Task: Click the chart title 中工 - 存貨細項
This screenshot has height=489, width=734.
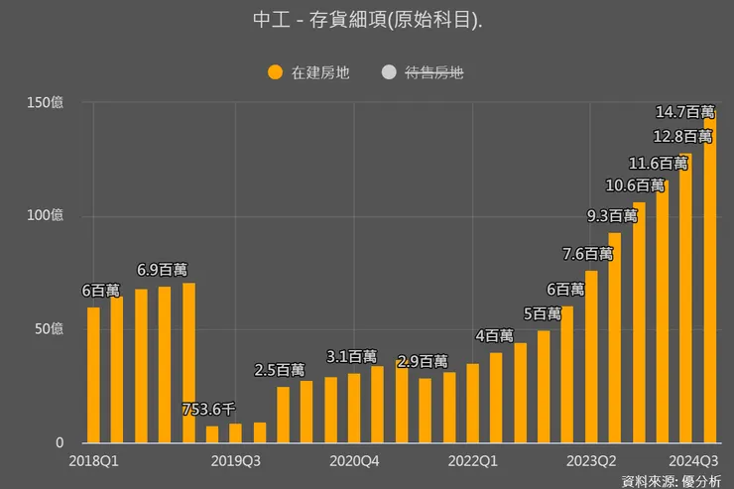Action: tap(367, 21)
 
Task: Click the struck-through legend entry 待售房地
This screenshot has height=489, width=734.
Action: tap(423, 71)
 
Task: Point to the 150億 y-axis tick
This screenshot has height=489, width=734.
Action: tap(47, 102)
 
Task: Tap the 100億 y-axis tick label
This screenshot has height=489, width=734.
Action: tap(47, 215)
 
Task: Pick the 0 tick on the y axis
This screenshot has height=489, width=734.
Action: tap(59, 442)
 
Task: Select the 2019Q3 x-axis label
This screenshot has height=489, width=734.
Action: tap(236, 460)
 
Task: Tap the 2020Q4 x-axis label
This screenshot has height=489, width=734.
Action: tap(355, 460)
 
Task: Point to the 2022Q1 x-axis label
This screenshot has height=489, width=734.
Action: tap(473, 460)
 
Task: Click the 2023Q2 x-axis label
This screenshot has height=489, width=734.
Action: tap(591, 460)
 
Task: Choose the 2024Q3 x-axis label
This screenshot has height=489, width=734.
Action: tap(693, 460)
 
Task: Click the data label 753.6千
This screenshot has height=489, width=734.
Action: tap(208, 409)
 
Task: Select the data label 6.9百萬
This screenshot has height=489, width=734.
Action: tap(162, 269)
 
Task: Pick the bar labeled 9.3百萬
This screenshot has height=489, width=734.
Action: tap(614, 337)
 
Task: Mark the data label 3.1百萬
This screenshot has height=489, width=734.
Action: tap(352, 356)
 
